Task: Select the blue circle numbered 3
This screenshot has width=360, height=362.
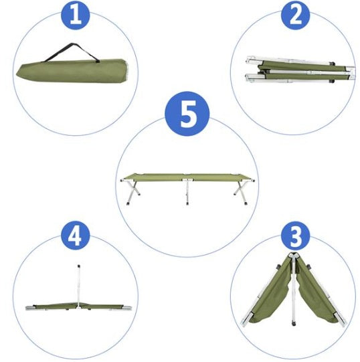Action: tap(295, 237)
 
